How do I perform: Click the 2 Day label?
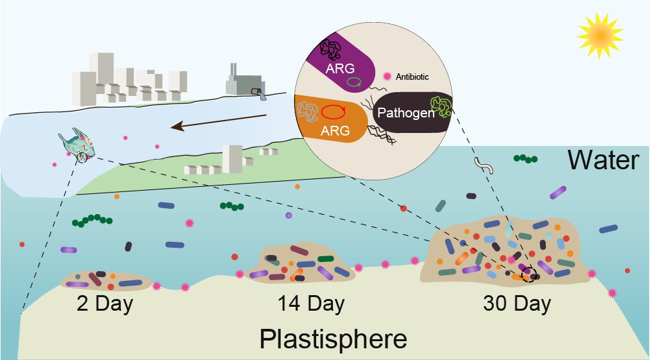tap(105, 304)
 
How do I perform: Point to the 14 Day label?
tap(311, 303)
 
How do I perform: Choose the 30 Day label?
tap(517, 303)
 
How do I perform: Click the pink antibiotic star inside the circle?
tap(387, 77)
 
